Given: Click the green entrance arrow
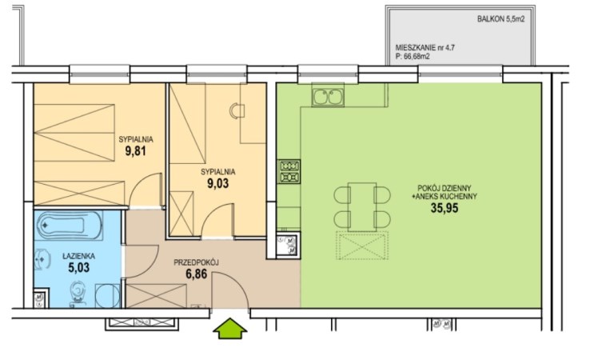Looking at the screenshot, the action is (x=230, y=328).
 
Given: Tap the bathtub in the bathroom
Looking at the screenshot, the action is (x=70, y=226).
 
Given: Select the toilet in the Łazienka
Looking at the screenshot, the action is (x=78, y=294).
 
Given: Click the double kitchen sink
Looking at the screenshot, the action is (x=328, y=97).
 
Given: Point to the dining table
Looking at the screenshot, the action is (x=362, y=206).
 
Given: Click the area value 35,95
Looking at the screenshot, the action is (x=444, y=208).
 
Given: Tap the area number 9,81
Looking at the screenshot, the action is (x=135, y=151).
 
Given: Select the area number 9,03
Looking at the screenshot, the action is (x=218, y=183).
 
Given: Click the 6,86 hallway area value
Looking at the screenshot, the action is (x=196, y=274).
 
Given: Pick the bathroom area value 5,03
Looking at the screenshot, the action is (x=79, y=268).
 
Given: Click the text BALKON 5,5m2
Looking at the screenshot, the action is (x=500, y=19).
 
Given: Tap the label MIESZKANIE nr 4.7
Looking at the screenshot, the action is (x=425, y=48).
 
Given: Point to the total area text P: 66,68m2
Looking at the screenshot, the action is (x=413, y=57).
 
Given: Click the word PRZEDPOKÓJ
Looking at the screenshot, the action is (x=196, y=262).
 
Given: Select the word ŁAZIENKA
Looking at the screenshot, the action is (x=78, y=256).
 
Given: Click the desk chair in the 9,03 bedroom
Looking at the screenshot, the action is (x=237, y=110).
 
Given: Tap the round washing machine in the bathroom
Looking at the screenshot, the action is (x=107, y=296).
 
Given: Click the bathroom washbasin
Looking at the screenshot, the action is (x=42, y=260).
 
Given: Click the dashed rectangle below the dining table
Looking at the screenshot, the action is (x=362, y=246).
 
